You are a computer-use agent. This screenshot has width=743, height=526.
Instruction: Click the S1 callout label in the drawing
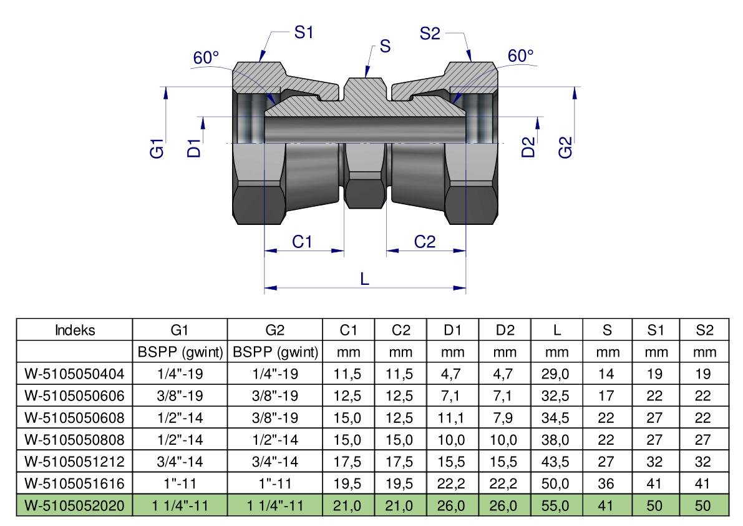[304, 34]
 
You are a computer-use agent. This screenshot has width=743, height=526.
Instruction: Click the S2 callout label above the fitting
[430, 34]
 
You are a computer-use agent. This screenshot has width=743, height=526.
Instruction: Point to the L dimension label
[365, 280]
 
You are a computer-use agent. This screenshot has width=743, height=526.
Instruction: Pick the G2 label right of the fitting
[565, 150]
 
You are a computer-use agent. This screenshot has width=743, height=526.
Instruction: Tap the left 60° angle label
[206, 58]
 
